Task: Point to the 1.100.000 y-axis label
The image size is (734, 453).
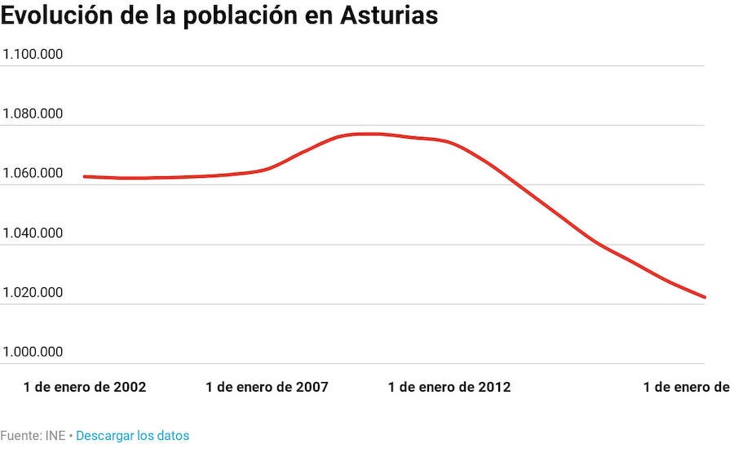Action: tap(33, 55)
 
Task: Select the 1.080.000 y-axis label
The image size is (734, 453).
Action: tap(33, 114)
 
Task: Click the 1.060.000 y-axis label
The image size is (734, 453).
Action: tap(33, 174)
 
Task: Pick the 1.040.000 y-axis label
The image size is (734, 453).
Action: tap(33, 233)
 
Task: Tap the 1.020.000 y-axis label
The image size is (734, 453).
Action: tap(33, 293)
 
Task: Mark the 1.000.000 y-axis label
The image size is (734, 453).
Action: tap(33, 353)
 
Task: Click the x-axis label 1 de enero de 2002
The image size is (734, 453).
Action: tap(85, 387)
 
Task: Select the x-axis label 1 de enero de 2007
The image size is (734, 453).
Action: tap(268, 387)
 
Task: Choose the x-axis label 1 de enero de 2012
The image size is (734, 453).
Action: tap(449, 387)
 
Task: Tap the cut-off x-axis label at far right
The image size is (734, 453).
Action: tap(687, 387)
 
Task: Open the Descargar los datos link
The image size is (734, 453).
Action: tap(132, 436)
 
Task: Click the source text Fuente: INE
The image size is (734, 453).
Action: tap(33, 436)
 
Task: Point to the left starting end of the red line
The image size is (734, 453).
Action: tap(85, 176)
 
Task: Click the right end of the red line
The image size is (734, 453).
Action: tap(704, 297)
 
